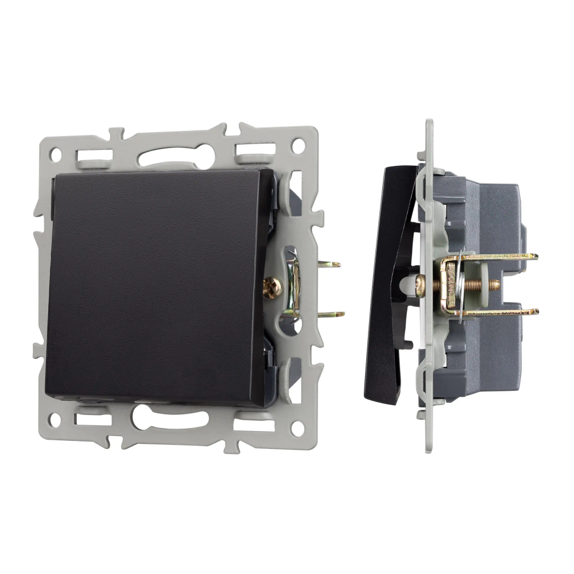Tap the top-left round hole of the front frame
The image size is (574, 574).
tap(56, 154)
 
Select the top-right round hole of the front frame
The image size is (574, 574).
tap(297, 146)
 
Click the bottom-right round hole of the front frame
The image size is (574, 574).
tap(297, 428)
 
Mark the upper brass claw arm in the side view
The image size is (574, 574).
tap(499, 257)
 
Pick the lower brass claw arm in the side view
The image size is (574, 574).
tap(499, 312)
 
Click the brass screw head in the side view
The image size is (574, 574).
tap(421, 285)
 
